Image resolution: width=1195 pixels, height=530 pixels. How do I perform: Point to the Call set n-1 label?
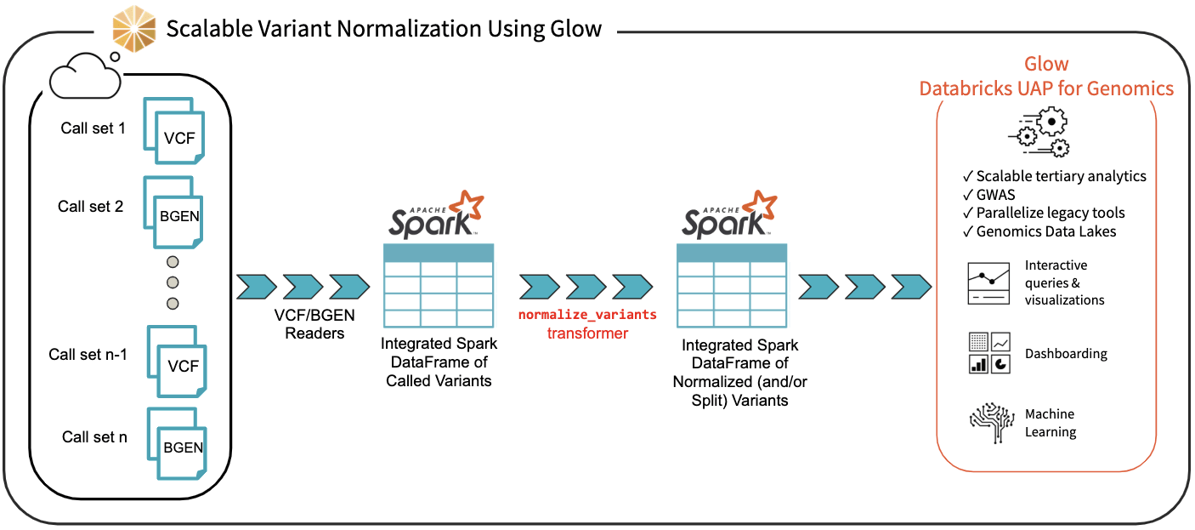tap(88, 355)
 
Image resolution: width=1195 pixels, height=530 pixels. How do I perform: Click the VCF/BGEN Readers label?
tap(314, 324)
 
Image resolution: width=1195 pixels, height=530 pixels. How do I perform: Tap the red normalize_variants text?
tap(587, 314)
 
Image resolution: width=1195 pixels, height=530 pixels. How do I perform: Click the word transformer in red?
tap(587, 333)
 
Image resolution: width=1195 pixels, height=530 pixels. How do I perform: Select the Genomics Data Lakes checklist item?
tap(1046, 231)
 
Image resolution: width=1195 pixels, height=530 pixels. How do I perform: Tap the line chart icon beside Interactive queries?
tap(988, 283)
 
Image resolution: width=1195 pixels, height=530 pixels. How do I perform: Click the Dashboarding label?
tap(1066, 354)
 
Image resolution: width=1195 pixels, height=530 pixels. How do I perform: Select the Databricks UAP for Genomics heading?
tap(1046, 88)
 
